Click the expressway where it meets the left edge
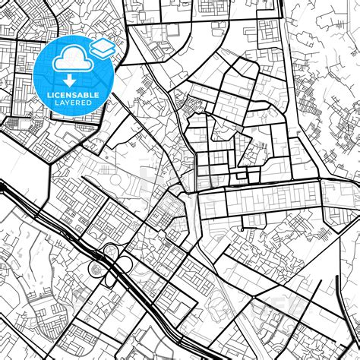tap(2, 185)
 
